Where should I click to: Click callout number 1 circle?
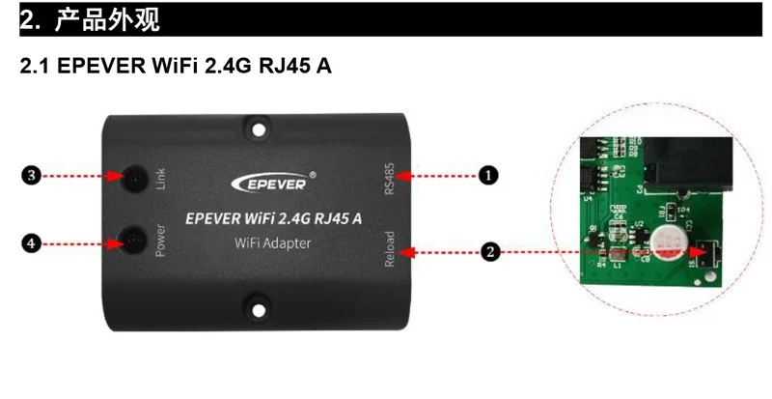click(x=489, y=175)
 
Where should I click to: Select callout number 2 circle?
click(x=489, y=252)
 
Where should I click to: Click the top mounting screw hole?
click(x=259, y=125)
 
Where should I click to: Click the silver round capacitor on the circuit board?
click(x=666, y=242)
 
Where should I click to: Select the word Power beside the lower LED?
click(x=162, y=241)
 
